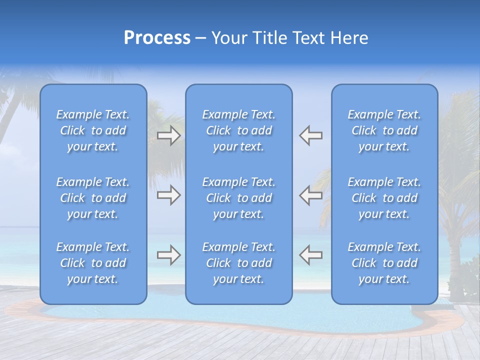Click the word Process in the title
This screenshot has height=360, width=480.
coord(157,38)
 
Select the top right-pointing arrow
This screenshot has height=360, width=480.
coord(168,135)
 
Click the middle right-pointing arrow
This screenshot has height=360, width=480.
coord(168,195)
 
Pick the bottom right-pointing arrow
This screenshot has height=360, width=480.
coord(168,255)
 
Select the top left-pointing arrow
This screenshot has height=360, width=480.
coord(310,135)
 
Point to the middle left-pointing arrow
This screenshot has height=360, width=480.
coord(310,195)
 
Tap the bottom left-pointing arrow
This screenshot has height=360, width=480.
coord(310,255)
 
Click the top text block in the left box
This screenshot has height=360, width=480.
coord(93,130)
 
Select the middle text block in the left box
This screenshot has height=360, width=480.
coord(93,198)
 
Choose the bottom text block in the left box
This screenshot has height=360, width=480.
coord(93,263)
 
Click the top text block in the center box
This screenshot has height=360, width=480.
coord(238,130)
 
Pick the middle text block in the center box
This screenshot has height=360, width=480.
coord(238,198)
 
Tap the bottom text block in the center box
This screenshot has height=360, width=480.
coord(238,263)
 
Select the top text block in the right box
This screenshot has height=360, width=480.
coord(384,130)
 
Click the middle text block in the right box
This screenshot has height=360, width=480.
coord(384,198)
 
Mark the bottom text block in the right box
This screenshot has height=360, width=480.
coord(384,263)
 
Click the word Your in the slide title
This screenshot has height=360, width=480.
coord(228,38)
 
